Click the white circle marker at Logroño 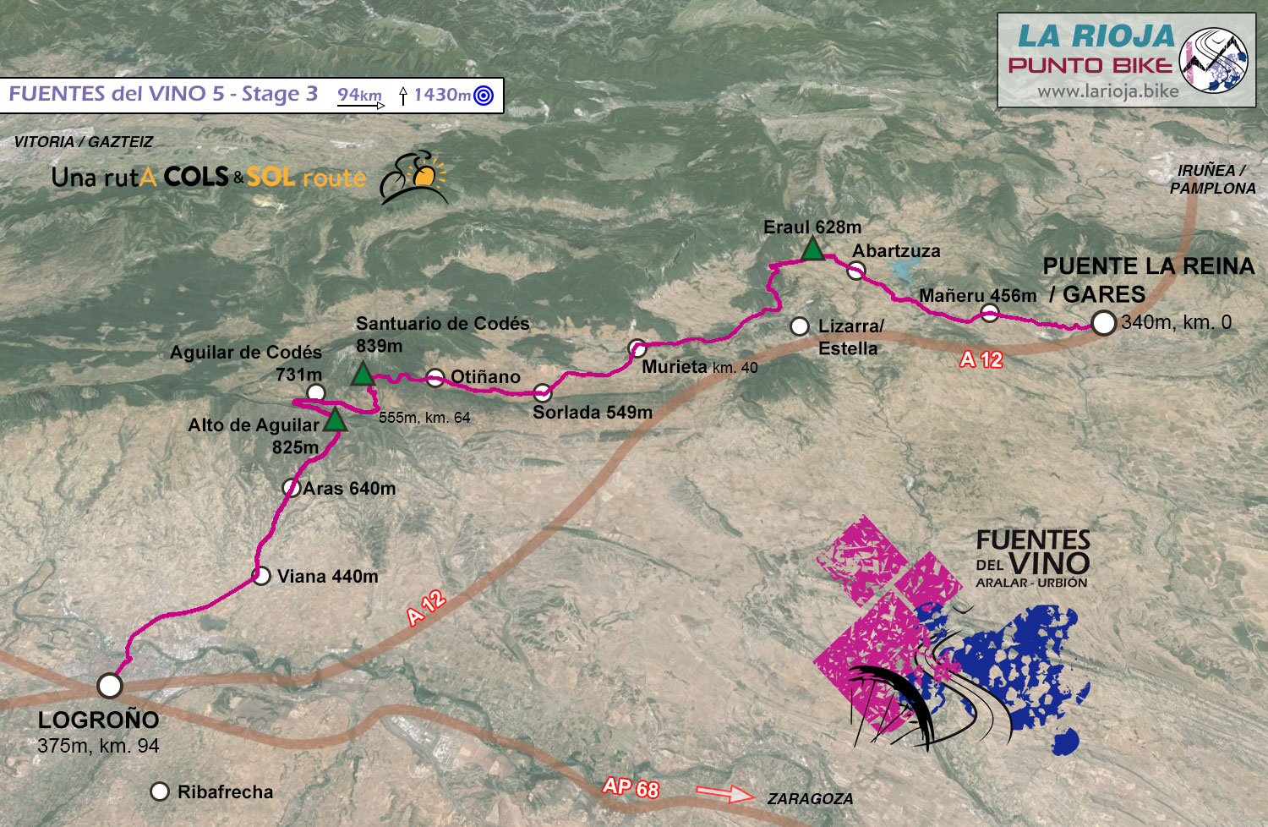click(x=110, y=685)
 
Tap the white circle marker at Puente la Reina click(x=1103, y=323)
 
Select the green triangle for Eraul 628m click(x=812, y=249)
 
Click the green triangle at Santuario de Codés click(x=363, y=374)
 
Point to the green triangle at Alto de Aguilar click(x=336, y=419)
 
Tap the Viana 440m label click(x=327, y=577)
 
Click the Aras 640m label click(x=349, y=489)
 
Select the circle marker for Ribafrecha click(x=160, y=791)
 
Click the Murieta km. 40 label click(x=699, y=367)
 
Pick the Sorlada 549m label click(x=592, y=413)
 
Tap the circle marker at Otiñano click(x=435, y=378)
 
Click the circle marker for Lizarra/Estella click(x=800, y=326)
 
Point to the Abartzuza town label click(x=896, y=251)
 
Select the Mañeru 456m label click(x=977, y=296)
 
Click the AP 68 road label click(x=631, y=787)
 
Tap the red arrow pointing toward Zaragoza click(x=724, y=793)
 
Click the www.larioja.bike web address click(x=1107, y=91)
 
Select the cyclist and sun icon click(x=413, y=178)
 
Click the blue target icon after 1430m click(x=484, y=96)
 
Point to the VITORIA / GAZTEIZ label click(x=84, y=142)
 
